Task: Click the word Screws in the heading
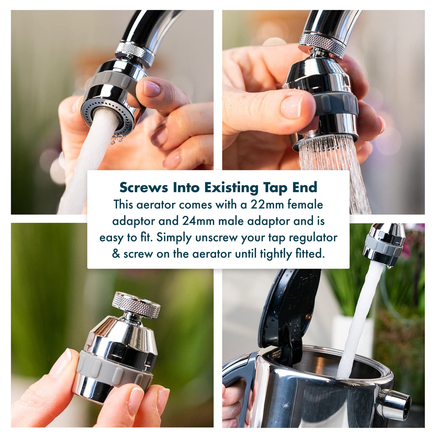(x=143, y=188)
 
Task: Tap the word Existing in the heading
(x=232, y=188)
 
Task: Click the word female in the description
(x=305, y=205)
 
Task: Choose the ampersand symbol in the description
(x=116, y=254)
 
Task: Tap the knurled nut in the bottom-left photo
(x=136, y=304)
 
